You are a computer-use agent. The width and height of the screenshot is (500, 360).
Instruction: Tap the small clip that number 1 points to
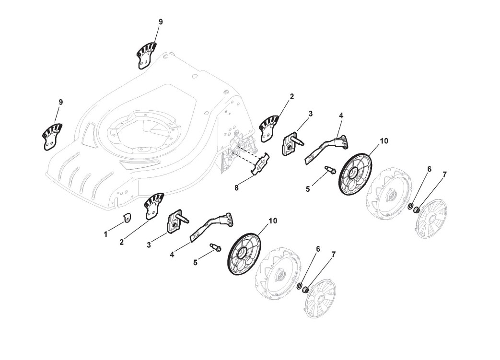127,218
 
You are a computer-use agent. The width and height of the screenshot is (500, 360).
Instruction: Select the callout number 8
236,188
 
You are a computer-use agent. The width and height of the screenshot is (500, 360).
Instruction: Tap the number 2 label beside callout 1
122,242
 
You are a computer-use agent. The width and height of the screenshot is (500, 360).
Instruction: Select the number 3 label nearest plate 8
310,114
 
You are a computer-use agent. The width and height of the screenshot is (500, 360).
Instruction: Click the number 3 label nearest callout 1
149,244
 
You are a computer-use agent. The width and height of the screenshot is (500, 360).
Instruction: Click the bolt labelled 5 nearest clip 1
215,248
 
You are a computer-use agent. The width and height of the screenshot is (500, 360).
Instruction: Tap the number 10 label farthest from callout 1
384,141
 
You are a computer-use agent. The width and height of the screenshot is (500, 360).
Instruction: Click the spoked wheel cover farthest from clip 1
431,218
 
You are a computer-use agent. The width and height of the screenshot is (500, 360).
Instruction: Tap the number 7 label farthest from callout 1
444,174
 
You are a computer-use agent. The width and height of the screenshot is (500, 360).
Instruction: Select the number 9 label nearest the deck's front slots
60,102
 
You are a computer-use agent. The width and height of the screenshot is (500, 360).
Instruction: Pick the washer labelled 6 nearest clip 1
299,287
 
